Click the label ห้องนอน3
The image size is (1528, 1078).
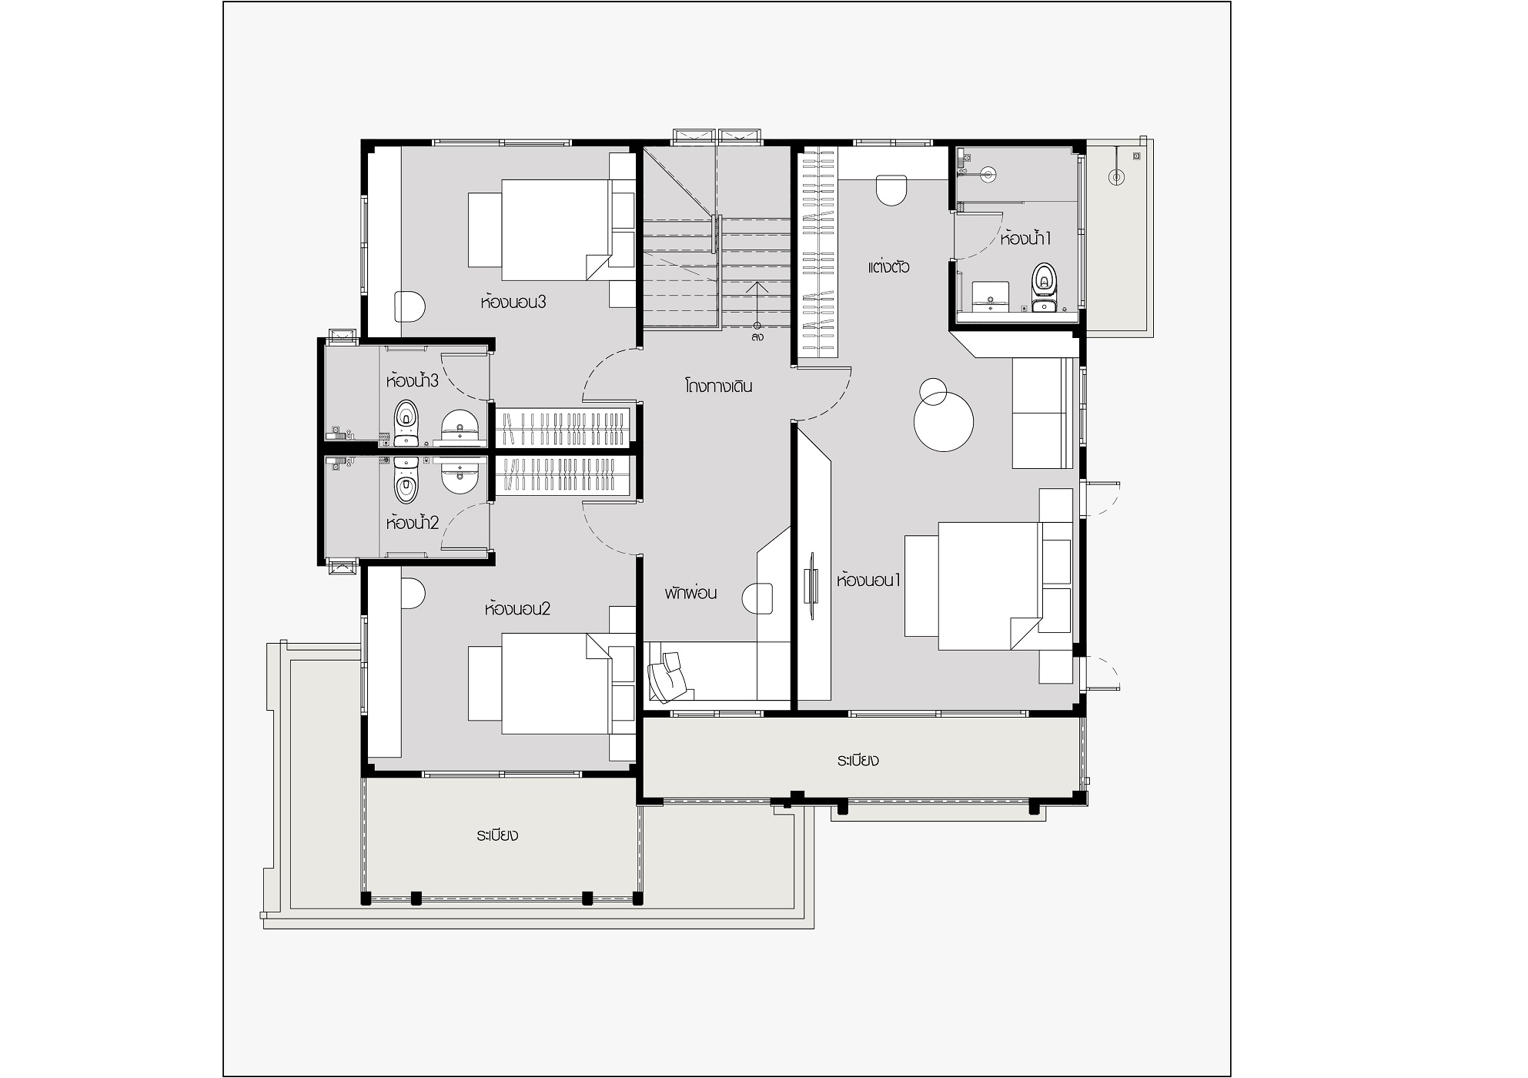click(513, 302)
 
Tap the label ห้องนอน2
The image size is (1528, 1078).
click(517, 609)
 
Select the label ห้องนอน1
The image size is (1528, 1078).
click(868, 581)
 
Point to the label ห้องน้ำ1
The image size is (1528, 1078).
click(1025, 238)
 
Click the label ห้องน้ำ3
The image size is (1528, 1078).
click(413, 380)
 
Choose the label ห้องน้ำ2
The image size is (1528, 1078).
click(413, 523)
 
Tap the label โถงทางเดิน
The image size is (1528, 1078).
click(718, 386)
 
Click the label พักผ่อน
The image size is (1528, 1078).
click(691, 593)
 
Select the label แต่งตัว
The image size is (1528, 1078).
click(889, 267)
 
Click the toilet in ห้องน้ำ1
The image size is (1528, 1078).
click(1044, 282)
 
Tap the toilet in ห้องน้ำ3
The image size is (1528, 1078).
click(406, 422)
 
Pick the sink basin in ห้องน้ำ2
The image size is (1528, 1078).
click(460, 475)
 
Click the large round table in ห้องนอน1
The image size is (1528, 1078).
click(944, 421)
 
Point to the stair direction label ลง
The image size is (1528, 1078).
click(758, 337)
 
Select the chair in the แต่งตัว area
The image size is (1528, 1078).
click(891, 190)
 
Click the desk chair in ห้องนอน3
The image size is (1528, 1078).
click(410, 306)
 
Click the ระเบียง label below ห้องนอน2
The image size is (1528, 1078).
click(497, 835)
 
